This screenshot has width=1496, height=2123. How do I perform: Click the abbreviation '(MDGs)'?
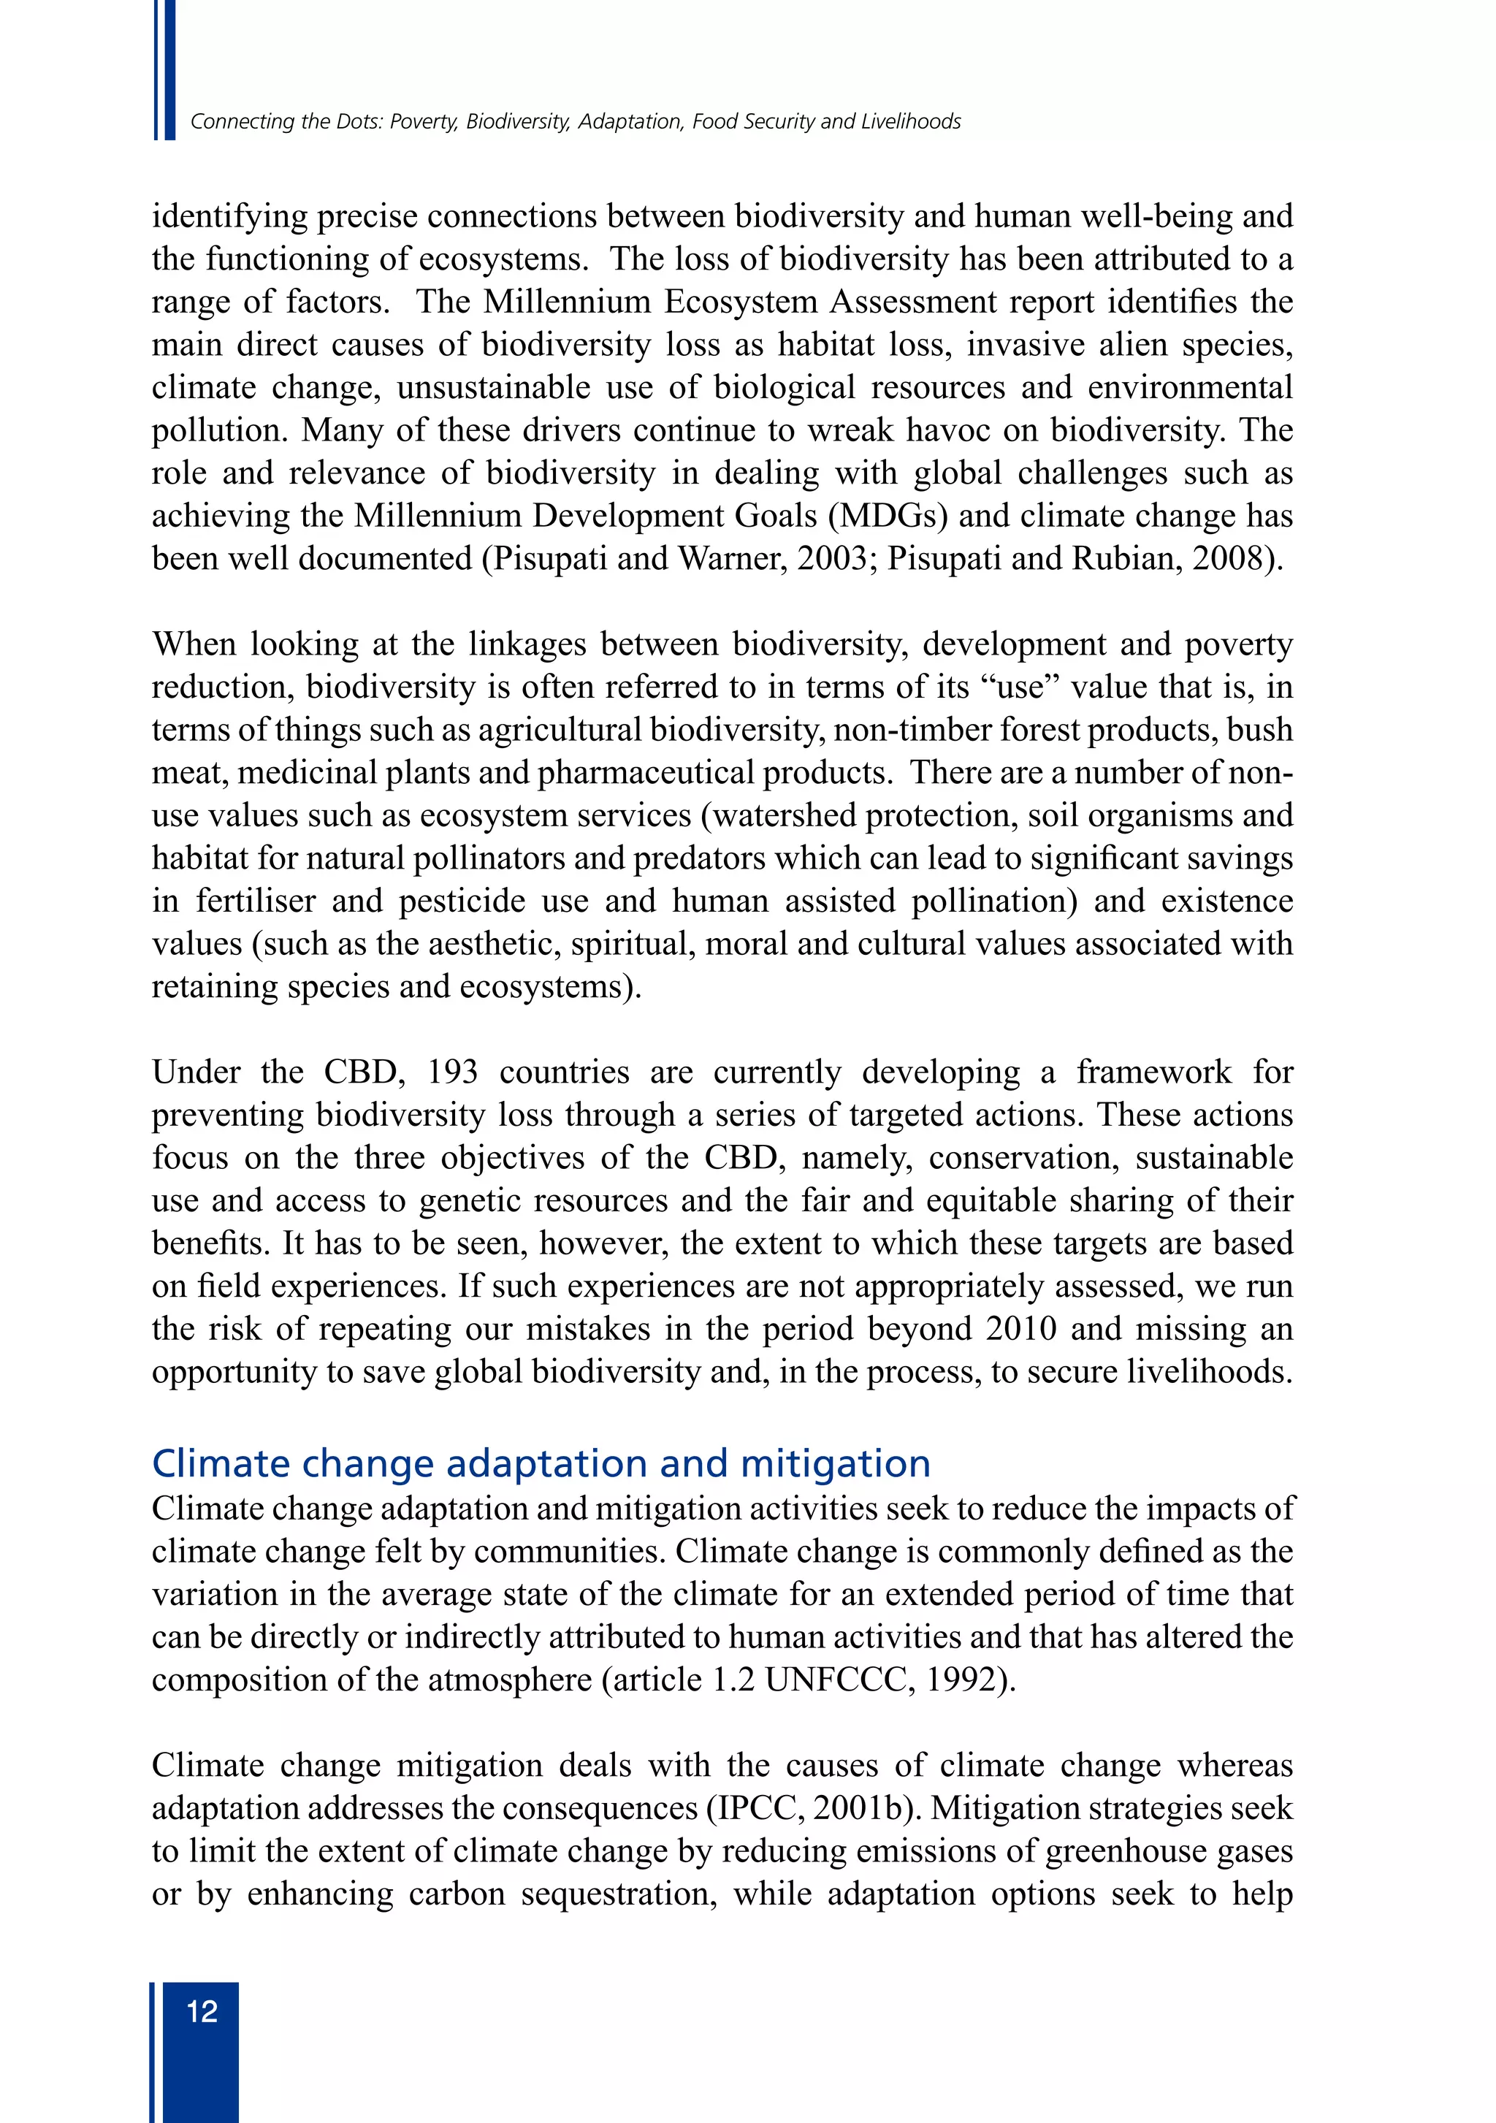click(888, 516)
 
